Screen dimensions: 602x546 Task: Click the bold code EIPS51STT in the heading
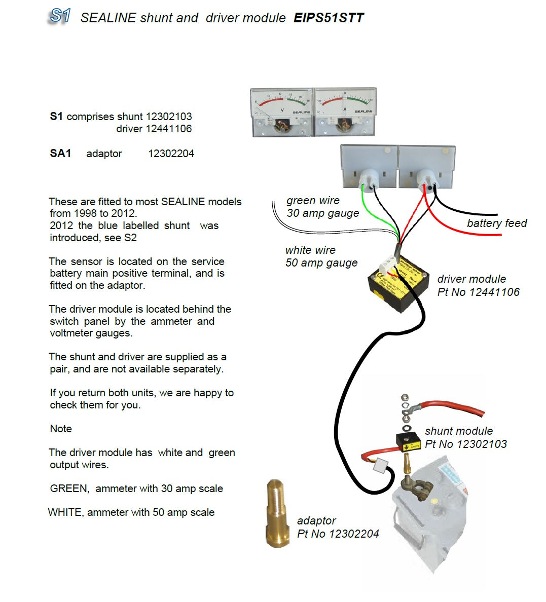pos(329,18)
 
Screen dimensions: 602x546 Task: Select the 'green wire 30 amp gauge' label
pos(322,207)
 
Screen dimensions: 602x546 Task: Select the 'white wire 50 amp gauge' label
pos(321,256)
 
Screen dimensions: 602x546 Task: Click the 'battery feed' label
pos(496,223)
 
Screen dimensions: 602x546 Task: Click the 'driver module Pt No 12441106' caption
pos(478,285)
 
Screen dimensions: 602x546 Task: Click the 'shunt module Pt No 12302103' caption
pos(465,437)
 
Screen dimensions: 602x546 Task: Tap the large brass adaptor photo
pos(277,513)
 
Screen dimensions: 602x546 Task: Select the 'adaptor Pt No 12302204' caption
pos(338,527)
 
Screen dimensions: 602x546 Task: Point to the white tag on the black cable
pos(380,465)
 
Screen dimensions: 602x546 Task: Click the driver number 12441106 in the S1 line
pos(168,129)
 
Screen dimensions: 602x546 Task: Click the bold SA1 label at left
pos(60,154)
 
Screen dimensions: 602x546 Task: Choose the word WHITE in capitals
pos(65,512)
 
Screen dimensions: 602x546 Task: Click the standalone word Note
pos(61,429)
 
